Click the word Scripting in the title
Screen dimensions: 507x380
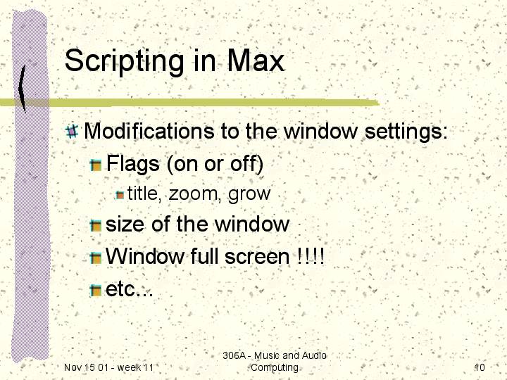tap(124, 62)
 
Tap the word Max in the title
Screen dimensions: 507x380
tap(256, 60)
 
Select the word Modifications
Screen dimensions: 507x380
tap(149, 131)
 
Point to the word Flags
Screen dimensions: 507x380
tap(132, 164)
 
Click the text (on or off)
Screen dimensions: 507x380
tap(215, 164)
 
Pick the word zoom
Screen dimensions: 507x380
tap(193, 194)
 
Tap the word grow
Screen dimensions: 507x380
tap(249, 195)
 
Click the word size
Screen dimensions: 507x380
tap(125, 224)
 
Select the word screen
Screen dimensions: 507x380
tap(257, 257)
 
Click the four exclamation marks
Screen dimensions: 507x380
tap(311, 256)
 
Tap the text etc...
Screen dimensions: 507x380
tap(129, 289)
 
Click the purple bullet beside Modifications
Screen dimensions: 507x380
tap(72, 131)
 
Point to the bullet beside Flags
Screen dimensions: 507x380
tap(96, 165)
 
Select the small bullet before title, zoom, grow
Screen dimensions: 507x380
tap(120, 195)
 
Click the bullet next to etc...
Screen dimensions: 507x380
tap(96, 291)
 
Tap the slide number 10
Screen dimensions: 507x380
tap(480, 367)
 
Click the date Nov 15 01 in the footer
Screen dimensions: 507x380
tap(86, 367)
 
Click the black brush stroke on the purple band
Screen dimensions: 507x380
tap(22, 89)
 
